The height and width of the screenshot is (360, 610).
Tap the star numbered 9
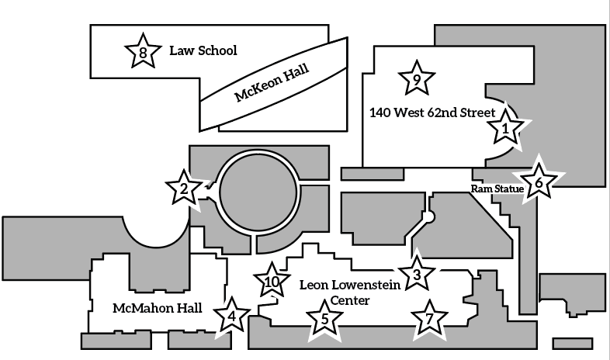pyautogui.click(x=416, y=78)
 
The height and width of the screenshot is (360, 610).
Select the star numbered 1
pyautogui.click(x=506, y=128)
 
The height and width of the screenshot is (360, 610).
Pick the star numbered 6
pyautogui.click(x=539, y=183)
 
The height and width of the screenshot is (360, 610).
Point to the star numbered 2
pyautogui.click(x=184, y=188)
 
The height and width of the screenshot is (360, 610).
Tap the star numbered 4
pyautogui.click(x=231, y=317)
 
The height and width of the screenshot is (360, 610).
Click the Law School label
pyautogui.click(x=203, y=51)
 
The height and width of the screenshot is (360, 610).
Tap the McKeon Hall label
pyautogui.click(x=272, y=84)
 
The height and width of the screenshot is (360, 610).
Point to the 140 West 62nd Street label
pyautogui.click(x=432, y=112)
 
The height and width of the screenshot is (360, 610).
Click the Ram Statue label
pyautogui.click(x=494, y=188)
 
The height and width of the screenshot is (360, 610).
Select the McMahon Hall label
pyautogui.click(x=158, y=308)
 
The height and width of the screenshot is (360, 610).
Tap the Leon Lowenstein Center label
pyautogui.click(x=350, y=292)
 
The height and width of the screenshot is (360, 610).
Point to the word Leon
pyautogui.click(x=315, y=285)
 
